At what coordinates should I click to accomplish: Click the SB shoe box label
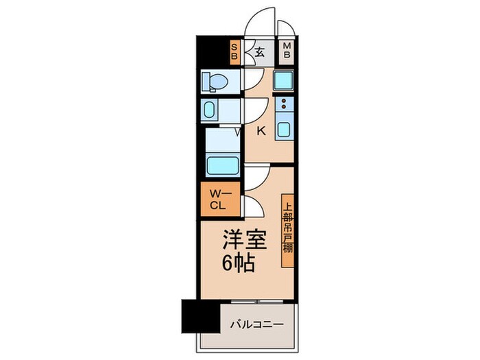coord(235,51)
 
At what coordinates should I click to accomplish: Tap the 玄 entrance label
coord(261,51)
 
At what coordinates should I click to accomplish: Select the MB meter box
coord(287,51)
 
